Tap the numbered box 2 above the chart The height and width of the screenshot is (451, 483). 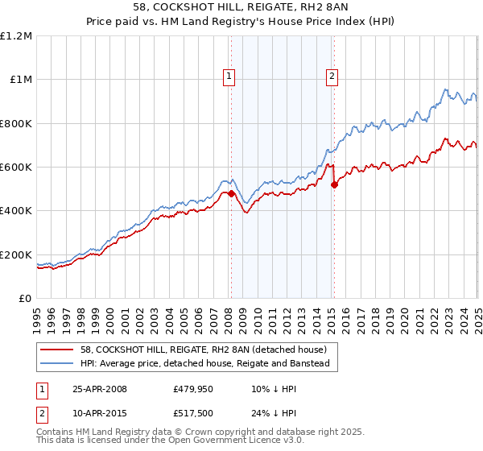[332, 77]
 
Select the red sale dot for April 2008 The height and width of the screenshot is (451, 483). [231, 193]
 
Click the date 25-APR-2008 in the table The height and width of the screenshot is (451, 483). [100, 389]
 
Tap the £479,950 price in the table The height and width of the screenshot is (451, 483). [192, 389]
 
